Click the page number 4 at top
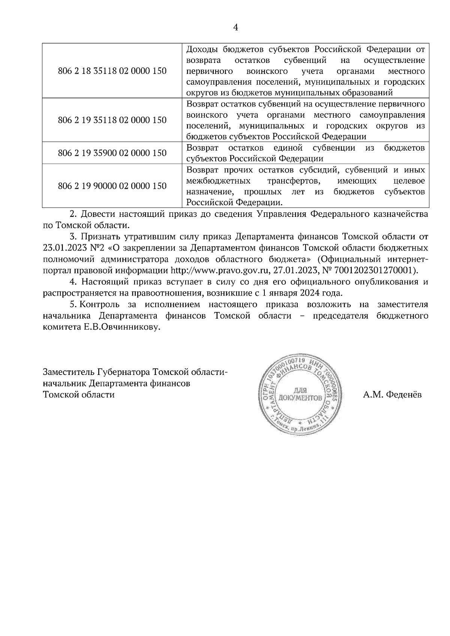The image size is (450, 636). (236, 27)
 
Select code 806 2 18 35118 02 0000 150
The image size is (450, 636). (112, 71)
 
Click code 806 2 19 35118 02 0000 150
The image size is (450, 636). (112, 120)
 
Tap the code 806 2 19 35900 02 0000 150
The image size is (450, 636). (112, 153)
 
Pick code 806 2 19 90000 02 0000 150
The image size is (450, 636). (112, 186)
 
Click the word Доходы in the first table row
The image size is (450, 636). (202, 49)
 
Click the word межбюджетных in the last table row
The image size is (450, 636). (219, 181)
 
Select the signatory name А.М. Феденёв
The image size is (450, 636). (392, 395)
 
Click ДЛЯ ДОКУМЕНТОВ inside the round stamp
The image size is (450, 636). (299, 393)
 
